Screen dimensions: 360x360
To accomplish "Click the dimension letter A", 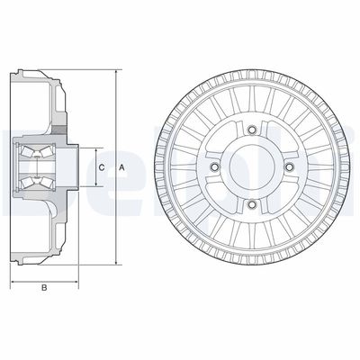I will pyautogui.click(x=121, y=167).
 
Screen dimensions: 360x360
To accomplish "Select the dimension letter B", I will pyautogui.click(x=43, y=289).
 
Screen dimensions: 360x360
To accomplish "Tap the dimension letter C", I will pyautogui.click(x=101, y=167).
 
